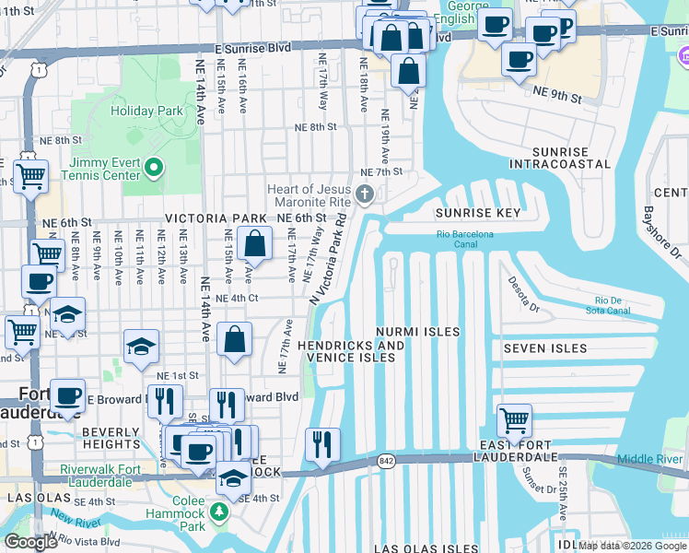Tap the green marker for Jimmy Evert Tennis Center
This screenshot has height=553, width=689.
154,169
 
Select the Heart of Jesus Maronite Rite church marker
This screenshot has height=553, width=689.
366,194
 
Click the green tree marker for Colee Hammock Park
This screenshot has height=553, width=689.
220,511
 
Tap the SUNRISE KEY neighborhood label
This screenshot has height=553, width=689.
477,213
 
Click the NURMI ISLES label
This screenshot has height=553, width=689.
417,331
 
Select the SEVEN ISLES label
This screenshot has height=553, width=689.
544,348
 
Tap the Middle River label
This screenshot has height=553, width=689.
649,459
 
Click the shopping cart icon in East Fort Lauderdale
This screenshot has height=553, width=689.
515,421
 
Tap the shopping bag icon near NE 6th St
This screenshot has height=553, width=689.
255,245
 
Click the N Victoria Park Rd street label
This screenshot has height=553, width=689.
329,262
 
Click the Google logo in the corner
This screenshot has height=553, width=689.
31,542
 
